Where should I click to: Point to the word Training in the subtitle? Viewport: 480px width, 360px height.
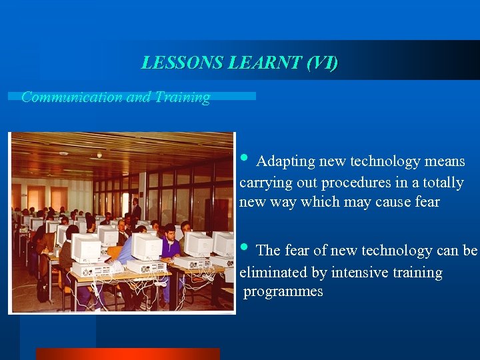coord(182,97)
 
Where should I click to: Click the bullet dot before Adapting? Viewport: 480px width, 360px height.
coord(244,159)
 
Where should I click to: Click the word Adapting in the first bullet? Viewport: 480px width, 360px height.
coord(285,161)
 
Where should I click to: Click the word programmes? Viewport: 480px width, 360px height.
coord(283,292)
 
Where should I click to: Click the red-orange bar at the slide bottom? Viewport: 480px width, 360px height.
coord(127,354)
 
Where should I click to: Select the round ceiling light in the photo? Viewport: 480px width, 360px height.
coord(99,155)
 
